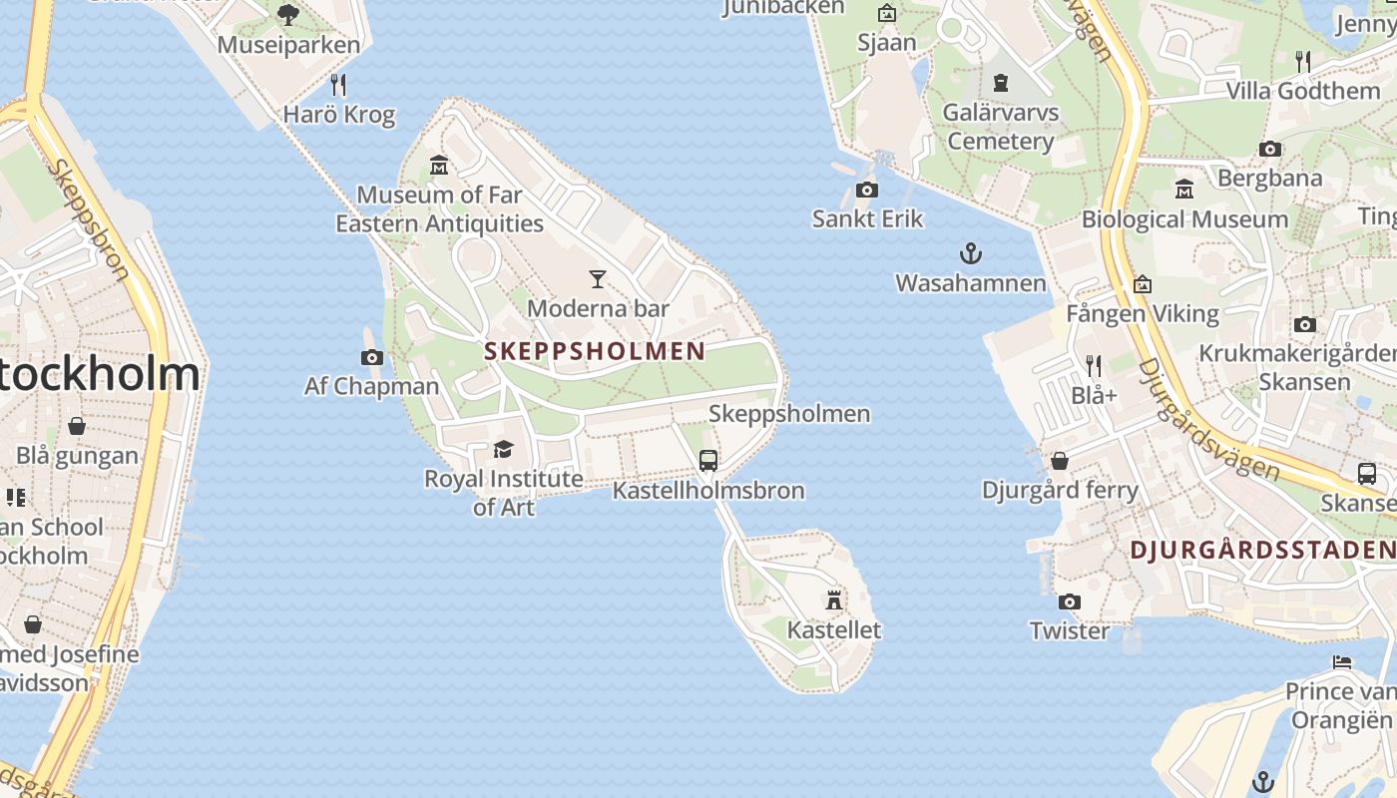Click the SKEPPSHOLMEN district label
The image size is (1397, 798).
tap(595, 351)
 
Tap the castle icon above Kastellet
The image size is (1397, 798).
tap(834, 599)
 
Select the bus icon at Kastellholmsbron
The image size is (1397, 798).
tap(708, 461)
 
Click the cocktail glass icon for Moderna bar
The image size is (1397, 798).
tap(598, 279)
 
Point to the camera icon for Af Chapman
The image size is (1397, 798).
tap(372, 357)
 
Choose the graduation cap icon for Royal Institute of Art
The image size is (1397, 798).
tap(503, 450)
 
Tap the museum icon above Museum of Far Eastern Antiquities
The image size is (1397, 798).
tap(439, 165)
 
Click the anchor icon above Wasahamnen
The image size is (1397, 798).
tap(970, 253)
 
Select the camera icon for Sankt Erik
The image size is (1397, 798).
tap(867, 190)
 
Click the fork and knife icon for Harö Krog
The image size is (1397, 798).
tap(338, 85)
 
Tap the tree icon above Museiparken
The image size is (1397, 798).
tap(288, 15)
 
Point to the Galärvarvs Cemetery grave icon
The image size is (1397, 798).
tap(1001, 83)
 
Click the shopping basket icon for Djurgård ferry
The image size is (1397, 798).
tap(1060, 461)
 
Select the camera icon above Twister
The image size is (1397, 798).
tap(1070, 601)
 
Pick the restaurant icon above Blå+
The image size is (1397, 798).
tap(1094, 366)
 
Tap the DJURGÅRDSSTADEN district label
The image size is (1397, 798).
tap(1262, 550)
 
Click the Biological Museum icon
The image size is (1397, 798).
tap(1184, 190)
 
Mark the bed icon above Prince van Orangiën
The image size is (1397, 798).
tap(1342, 662)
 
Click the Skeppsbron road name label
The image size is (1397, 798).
tap(88, 219)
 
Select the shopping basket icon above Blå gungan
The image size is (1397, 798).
tap(77, 427)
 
